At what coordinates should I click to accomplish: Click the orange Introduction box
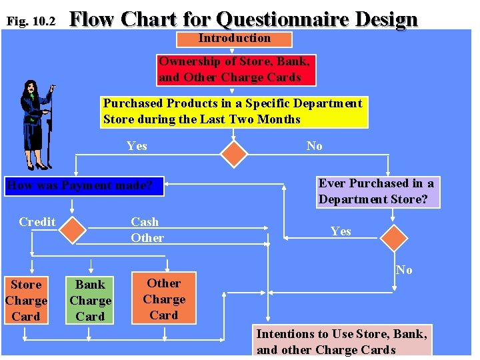click(234, 39)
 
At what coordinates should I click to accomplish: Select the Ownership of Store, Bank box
click(235, 69)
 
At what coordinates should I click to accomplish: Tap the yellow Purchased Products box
click(234, 111)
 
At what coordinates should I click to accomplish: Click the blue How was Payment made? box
click(84, 185)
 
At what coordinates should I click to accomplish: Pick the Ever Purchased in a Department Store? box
click(377, 191)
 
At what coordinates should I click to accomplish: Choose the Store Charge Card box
click(26, 301)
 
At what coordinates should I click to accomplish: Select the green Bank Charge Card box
click(90, 301)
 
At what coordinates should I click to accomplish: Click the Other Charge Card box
click(164, 299)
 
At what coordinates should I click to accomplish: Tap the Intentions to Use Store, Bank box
click(341, 341)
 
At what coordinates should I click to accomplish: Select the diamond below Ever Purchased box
click(393, 239)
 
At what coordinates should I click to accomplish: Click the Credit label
click(37, 222)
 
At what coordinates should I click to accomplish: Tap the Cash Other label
click(147, 230)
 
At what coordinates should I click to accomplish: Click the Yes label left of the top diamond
click(137, 146)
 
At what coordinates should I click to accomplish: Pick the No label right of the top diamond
click(314, 146)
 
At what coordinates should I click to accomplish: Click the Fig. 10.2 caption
click(31, 21)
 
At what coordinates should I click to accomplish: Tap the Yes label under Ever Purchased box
click(341, 231)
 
